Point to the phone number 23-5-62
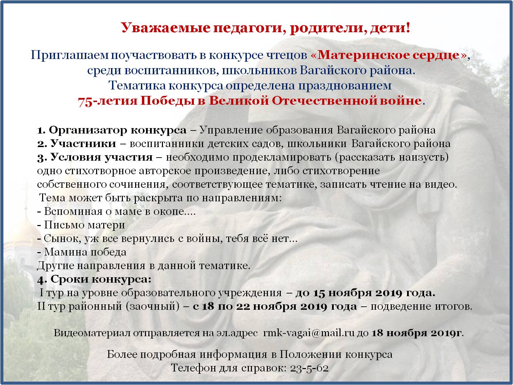(309, 368)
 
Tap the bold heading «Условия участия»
(102, 157)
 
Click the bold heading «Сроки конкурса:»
(101, 279)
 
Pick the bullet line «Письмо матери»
(81, 225)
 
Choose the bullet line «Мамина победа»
(82, 252)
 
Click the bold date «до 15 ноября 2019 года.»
(365, 293)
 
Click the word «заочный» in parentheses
(153, 306)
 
